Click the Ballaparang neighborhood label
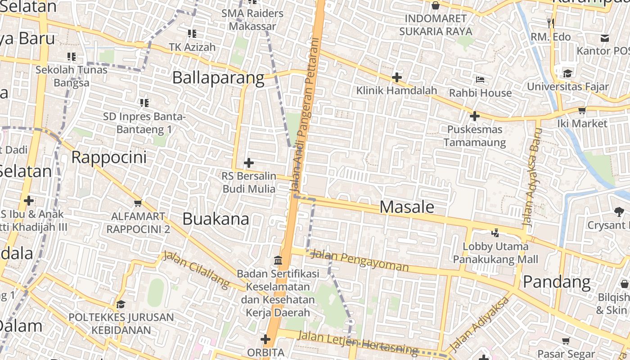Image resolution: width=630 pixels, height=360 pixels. [218, 78]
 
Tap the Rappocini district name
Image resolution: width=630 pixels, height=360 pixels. [109, 157]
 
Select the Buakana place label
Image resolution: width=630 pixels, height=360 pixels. [216, 219]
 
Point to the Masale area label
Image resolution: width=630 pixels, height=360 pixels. [407, 207]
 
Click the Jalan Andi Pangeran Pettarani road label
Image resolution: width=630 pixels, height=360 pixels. [305, 117]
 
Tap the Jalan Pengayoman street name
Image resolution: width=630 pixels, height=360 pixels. [360, 261]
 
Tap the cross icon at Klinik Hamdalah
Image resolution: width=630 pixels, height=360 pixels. [396, 77]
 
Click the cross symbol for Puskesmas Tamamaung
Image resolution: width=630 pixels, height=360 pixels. [474, 117]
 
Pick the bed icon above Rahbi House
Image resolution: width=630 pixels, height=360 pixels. [480, 80]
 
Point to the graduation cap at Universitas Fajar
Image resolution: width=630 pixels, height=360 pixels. [567, 73]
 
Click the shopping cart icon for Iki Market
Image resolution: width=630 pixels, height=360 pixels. [582, 110]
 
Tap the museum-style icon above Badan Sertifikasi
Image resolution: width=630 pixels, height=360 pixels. [278, 261]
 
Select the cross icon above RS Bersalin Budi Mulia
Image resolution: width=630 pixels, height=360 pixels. [248, 163]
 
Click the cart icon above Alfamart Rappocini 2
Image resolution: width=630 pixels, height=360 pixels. [138, 203]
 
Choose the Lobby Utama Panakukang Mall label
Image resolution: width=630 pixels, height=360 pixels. [495, 253]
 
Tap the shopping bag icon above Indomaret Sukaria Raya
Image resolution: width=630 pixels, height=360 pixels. [435, 5]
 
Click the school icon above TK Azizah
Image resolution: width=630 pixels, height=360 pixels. [192, 33]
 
